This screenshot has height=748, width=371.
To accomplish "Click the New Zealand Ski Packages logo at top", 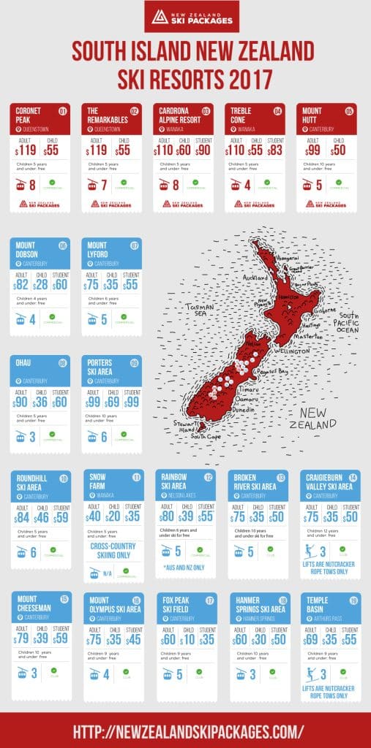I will pos(185,17).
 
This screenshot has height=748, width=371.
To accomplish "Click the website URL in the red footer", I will pos(185,730).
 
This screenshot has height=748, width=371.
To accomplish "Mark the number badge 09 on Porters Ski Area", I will pos(135,363).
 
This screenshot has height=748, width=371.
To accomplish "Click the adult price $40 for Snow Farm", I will pos(93,516).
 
